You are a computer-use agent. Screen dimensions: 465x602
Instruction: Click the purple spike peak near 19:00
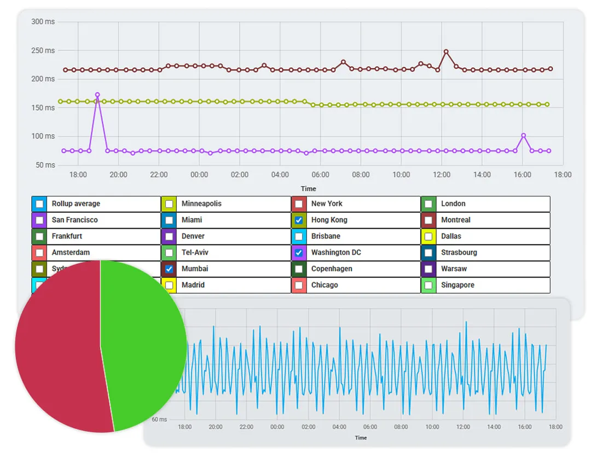(x=97, y=95)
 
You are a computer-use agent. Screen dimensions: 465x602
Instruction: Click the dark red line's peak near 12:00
(x=446, y=51)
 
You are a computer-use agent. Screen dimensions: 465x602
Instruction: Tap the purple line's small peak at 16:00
(x=523, y=135)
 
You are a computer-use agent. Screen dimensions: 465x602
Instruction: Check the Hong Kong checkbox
(x=299, y=220)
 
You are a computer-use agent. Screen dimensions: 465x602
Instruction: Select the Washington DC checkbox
(x=299, y=253)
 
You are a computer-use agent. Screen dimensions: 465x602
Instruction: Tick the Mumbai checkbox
(x=169, y=269)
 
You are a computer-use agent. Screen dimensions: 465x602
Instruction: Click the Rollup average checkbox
(x=39, y=204)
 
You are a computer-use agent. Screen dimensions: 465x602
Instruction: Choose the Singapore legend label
(x=458, y=285)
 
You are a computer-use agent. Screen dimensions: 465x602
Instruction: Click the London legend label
(x=453, y=204)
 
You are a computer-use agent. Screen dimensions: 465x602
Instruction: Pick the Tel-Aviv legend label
(x=195, y=253)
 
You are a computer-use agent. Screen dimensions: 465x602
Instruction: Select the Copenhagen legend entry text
(x=331, y=269)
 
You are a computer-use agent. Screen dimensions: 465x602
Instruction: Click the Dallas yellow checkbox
(x=429, y=236)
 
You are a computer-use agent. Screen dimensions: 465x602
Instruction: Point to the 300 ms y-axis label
(x=43, y=22)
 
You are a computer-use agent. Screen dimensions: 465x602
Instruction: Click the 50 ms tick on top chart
(x=45, y=165)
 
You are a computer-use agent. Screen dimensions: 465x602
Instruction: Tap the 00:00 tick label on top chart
(x=199, y=175)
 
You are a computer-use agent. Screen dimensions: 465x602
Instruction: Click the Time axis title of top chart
(x=308, y=189)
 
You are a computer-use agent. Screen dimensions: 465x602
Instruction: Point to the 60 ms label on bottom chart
(x=159, y=420)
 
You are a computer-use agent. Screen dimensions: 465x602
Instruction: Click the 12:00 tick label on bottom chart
(x=463, y=427)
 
